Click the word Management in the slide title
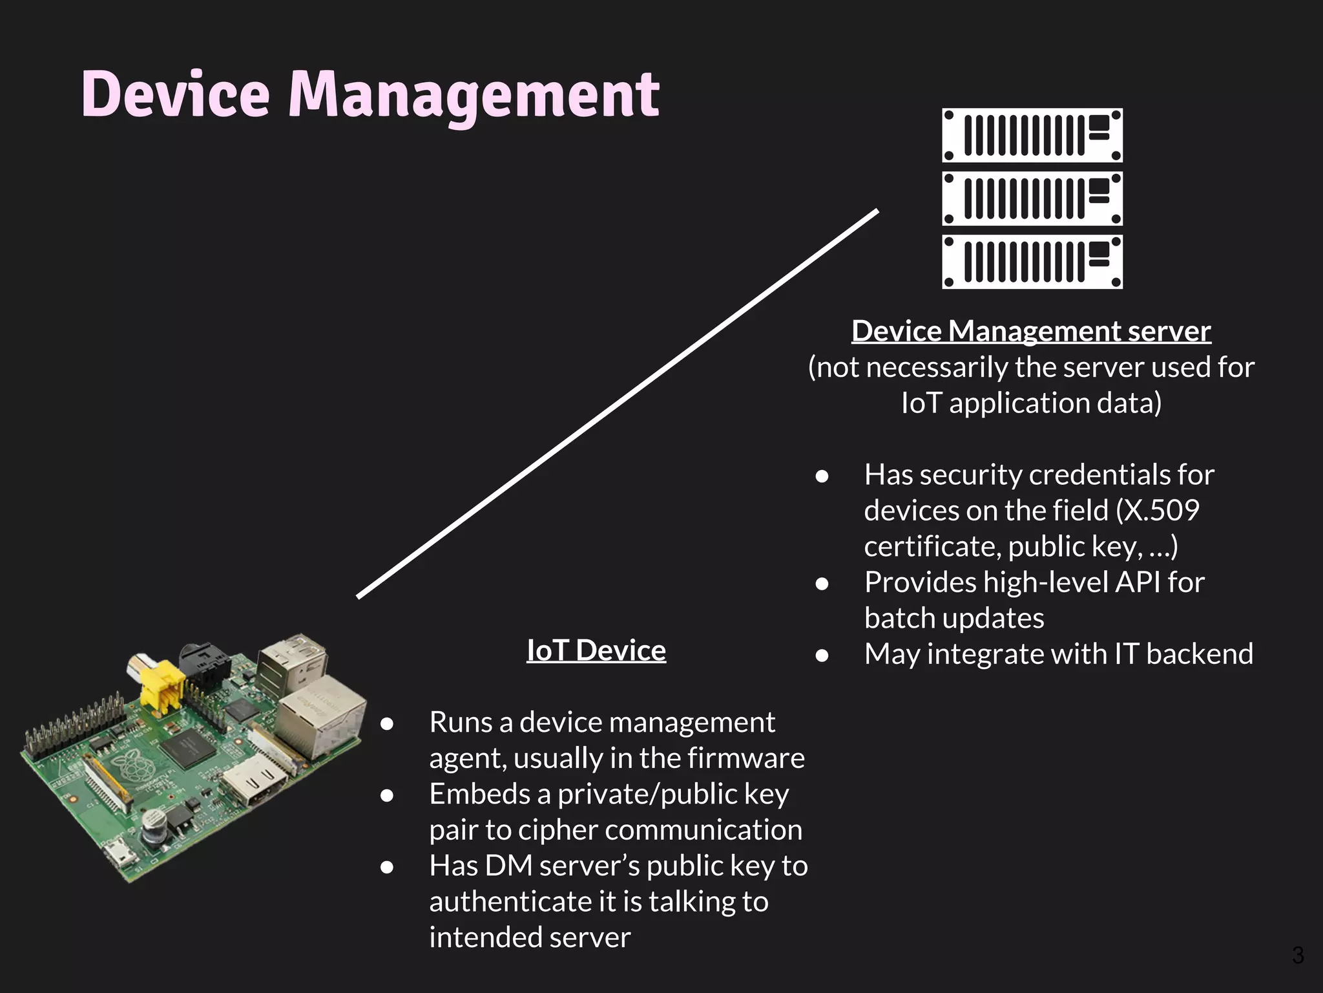pyautogui.click(x=474, y=96)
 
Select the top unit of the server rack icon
pyautogui.click(x=1032, y=135)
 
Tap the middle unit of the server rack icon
pyautogui.click(x=1032, y=198)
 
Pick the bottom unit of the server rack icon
pyautogui.click(x=1032, y=262)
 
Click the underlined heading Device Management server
pyautogui.click(x=1030, y=331)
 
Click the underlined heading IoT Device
pyautogui.click(x=596, y=650)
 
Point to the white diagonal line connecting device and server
pyautogui.click(x=617, y=404)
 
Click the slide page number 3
pyautogui.click(x=1297, y=955)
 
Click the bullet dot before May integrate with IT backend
pyautogui.click(x=822, y=656)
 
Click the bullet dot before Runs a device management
pyautogui.click(x=387, y=724)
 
